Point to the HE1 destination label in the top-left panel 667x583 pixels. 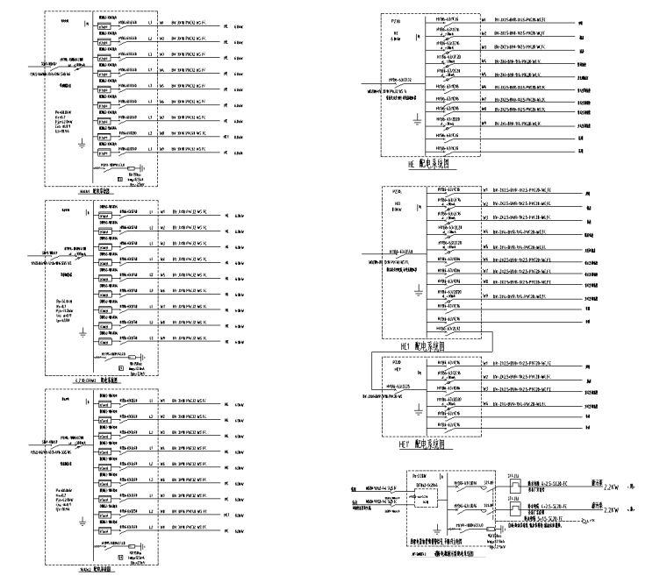(226, 138)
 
